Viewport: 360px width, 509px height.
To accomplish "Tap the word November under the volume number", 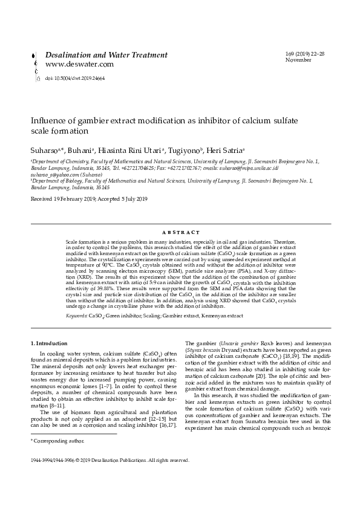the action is [298, 60].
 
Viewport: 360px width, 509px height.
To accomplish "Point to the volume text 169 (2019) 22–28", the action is [304, 54].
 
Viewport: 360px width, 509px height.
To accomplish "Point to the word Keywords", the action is [76, 316].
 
